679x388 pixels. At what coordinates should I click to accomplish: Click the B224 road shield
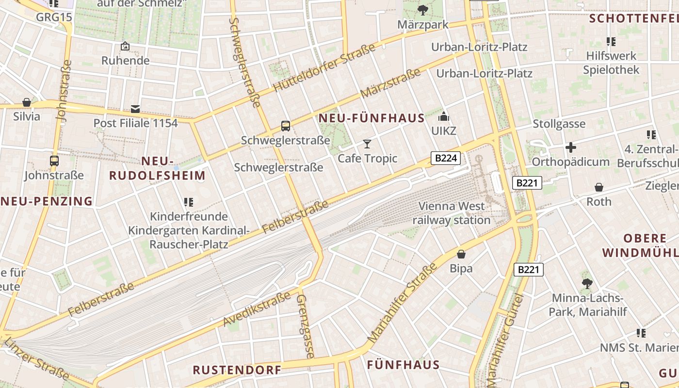click(x=445, y=158)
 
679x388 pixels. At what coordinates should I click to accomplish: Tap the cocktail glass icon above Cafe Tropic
click(x=367, y=144)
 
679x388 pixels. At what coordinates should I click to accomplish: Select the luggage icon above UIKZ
click(x=443, y=116)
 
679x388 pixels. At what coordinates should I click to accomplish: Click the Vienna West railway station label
click(x=451, y=213)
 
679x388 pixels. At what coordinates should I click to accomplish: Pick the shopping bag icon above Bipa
click(x=461, y=254)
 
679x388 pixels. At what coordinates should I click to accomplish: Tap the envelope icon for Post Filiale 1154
click(x=135, y=109)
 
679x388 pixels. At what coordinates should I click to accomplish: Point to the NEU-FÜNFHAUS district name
click(x=371, y=118)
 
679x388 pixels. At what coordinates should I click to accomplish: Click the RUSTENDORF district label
click(x=237, y=370)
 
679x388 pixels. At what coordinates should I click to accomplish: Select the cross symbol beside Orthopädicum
click(x=571, y=147)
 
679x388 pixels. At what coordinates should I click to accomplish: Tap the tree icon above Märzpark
click(x=422, y=9)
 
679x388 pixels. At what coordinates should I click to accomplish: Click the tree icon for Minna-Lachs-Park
click(x=587, y=283)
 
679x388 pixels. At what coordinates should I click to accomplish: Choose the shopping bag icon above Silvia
click(x=27, y=102)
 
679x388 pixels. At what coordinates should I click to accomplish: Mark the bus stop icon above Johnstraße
click(x=54, y=161)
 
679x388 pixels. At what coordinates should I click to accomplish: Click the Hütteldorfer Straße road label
click(x=324, y=68)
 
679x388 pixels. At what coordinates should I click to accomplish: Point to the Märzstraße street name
click(x=390, y=83)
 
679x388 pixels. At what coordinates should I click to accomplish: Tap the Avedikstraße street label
click(x=257, y=308)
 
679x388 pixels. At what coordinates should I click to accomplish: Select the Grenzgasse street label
click(x=305, y=325)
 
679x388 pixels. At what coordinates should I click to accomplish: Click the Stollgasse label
click(x=559, y=124)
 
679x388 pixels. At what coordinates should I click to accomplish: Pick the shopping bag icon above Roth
click(x=599, y=187)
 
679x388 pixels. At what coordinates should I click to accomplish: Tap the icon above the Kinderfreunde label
click(x=188, y=202)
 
